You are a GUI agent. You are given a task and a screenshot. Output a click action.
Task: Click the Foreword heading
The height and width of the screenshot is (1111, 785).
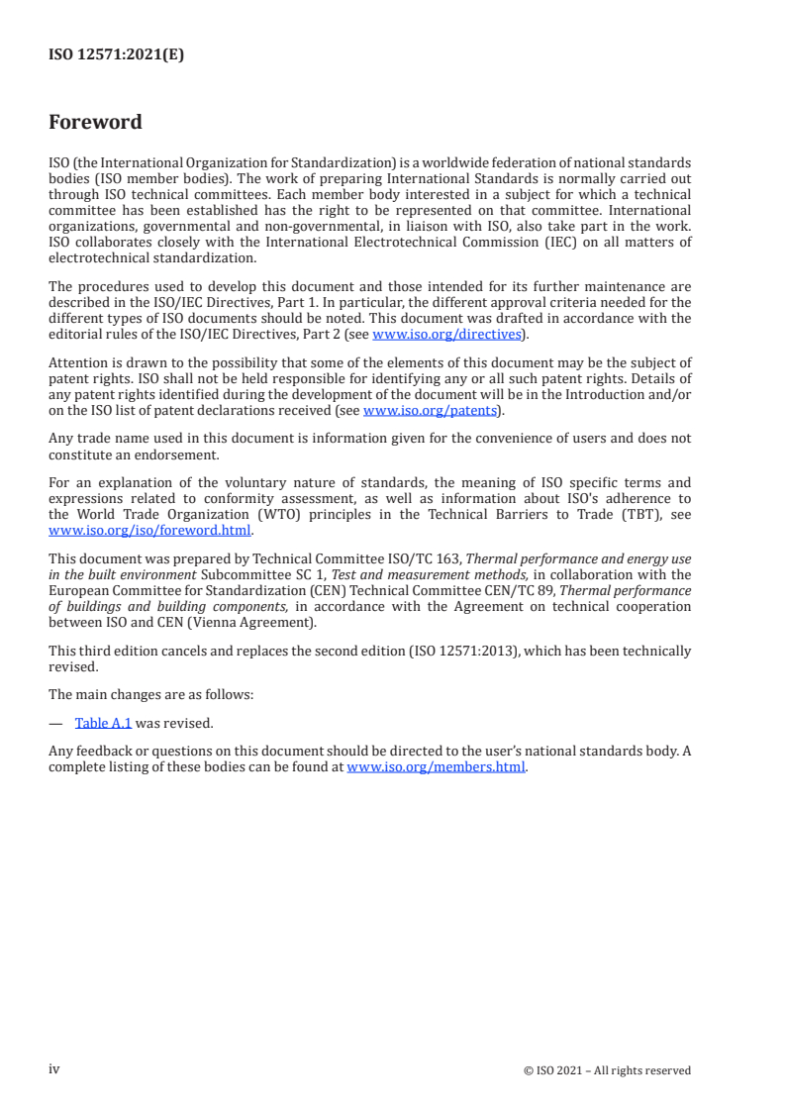(95, 123)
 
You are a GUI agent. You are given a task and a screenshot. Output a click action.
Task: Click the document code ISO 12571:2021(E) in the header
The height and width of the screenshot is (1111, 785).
(116, 55)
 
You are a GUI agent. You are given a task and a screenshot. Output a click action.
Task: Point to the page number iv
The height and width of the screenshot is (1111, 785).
(54, 1069)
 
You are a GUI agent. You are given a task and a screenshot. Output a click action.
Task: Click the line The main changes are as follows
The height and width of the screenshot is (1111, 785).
(150, 694)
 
